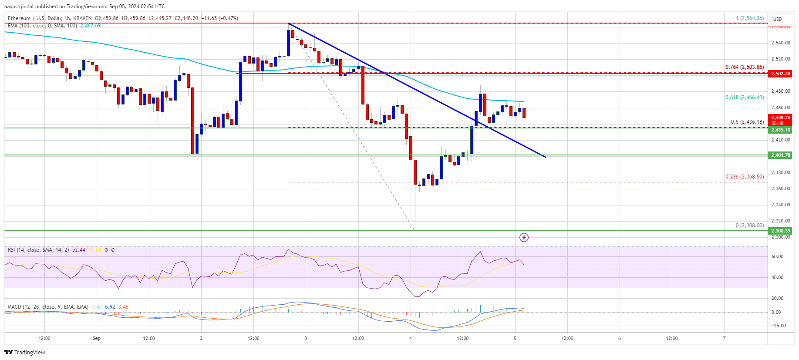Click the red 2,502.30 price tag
[x=780, y=74]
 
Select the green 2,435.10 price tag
[x=780, y=130]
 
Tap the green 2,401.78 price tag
[x=780, y=155]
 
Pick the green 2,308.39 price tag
[x=780, y=231]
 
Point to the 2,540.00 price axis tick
[x=780, y=43]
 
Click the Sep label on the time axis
[x=97, y=338]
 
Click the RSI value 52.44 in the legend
[x=79, y=250]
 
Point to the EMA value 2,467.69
[x=90, y=26]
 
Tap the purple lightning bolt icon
[x=524, y=237]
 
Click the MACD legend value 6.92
[x=110, y=307]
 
